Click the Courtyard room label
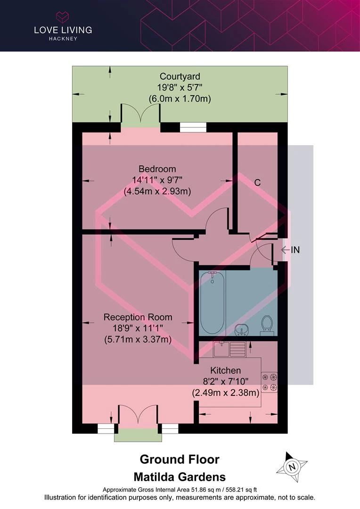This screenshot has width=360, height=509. click(x=180, y=77)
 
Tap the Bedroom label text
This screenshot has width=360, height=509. click(x=157, y=169)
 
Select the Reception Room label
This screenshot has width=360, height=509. click(x=138, y=317)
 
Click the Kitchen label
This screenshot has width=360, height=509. click(x=225, y=370)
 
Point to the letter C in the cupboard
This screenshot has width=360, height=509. click(x=257, y=182)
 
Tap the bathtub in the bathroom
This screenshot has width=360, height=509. click(x=213, y=302)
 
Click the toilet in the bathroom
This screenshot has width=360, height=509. click(x=267, y=325)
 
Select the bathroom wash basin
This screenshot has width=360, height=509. click(x=241, y=329)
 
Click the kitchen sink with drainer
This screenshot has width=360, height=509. click(x=229, y=349)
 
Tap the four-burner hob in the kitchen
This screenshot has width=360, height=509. click(x=270, y=382)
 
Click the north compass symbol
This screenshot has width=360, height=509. click(x=292, y=467)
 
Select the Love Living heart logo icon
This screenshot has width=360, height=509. click(x=63, y=17)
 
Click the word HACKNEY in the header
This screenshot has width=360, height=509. click(x=63, y=39)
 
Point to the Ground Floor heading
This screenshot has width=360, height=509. click(x=180, y=460)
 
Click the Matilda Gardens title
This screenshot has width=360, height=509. click(x=180, y=477)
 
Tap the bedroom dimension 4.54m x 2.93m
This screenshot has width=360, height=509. click(x=157, y=191)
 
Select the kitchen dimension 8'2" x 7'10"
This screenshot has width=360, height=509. click(x=226, y=381)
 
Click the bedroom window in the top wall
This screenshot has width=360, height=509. click(x=193, y=127)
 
